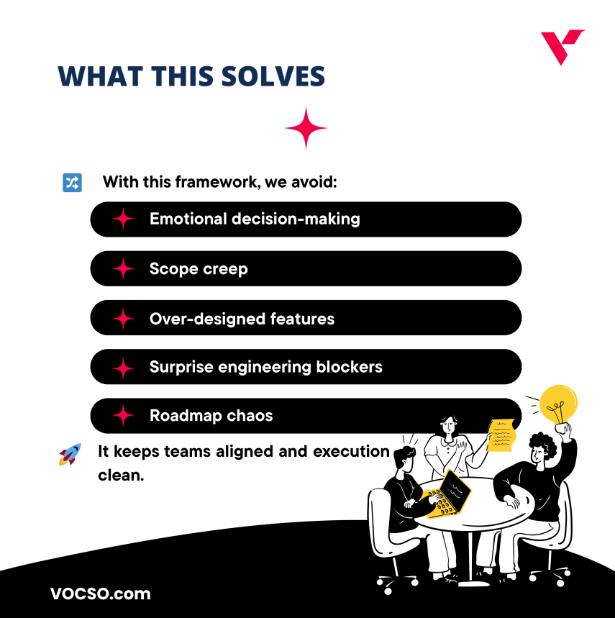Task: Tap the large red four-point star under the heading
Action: click(306, 128)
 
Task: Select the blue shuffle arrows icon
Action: click(73, 182)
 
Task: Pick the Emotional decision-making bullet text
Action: click(255, 219)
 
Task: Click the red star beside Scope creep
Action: click(124, 269)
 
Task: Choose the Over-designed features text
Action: click(242, 318)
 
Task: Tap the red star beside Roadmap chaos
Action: click(124, 416)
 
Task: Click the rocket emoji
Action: click(70, 454)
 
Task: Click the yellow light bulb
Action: click(558, 406)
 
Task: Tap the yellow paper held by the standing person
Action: click(501, 434)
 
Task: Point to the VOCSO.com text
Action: click(101, 594)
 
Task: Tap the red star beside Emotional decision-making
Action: click(124, 219)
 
